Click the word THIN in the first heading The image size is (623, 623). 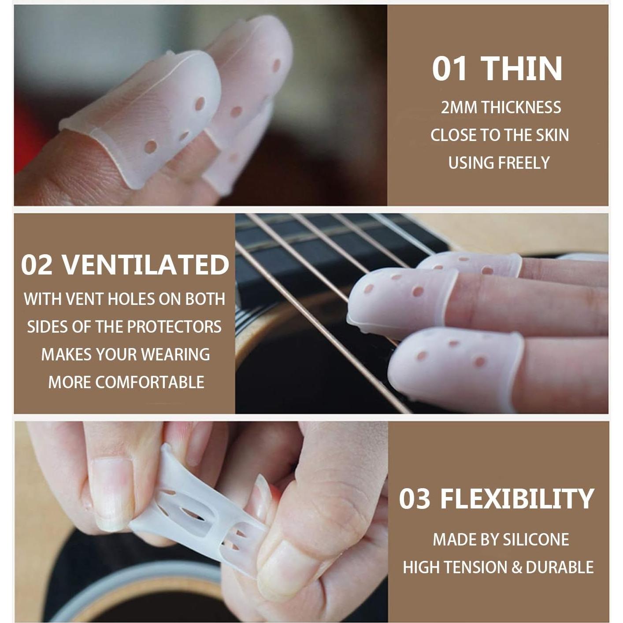[x=521, y=69]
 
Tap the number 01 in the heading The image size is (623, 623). [x=449, y=69]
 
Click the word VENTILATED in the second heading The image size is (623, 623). [x=145, y=265]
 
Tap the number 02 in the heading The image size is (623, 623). [x=37, y=265]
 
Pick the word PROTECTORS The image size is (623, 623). [x=174, y=327]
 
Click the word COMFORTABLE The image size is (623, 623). [x=150, y=382]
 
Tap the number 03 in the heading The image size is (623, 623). [x=414, y=499]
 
